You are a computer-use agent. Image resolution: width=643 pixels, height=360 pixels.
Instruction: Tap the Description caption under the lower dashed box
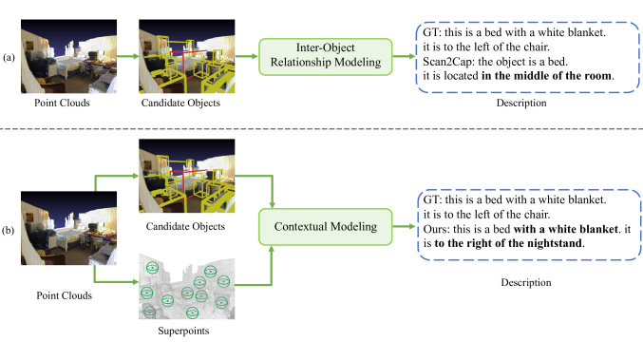click(x=520, y=281)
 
